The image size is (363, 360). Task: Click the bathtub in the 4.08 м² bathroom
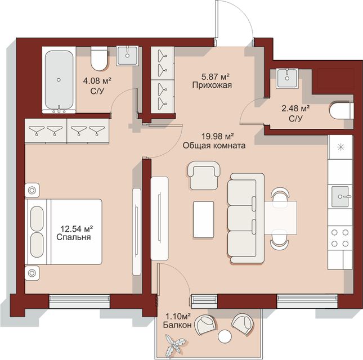59,80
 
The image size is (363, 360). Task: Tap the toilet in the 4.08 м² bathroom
99,58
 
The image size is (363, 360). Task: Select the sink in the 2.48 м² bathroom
287,78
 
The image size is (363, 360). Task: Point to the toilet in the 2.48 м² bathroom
342,111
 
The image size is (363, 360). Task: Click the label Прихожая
212,85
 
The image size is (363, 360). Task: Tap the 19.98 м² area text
217,136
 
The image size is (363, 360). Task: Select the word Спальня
73,237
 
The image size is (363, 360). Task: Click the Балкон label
177,325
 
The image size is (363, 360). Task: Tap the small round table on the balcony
225,336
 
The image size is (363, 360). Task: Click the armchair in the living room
204,175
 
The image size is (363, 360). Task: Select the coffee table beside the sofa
204,219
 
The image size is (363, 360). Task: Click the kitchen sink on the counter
340,196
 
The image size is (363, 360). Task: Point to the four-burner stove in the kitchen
340,238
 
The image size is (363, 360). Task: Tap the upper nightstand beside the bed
32,191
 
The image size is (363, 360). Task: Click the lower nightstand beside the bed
32,273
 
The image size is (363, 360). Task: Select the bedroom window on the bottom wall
79,301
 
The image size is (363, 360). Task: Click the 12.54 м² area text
77,229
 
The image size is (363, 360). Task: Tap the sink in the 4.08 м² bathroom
127,56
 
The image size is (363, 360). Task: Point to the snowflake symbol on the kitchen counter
340,147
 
